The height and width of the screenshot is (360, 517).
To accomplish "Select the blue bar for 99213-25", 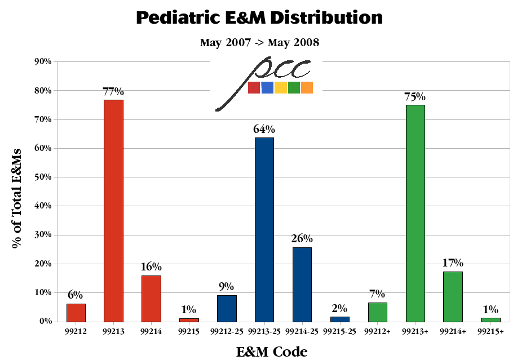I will pos(264,229).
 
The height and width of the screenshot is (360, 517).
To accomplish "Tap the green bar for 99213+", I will pos(415,213).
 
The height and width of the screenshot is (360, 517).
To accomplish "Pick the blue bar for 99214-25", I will pos(302,284).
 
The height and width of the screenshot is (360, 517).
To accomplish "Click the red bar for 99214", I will pos(151,298).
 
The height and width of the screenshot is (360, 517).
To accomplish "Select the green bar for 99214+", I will pos(453,296).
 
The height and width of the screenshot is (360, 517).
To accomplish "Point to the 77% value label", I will pos(113,92).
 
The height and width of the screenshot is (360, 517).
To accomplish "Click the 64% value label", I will pos(264,130).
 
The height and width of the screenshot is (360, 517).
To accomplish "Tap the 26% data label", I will pos(302,239).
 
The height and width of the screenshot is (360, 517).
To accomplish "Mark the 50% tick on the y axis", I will pos(43,177).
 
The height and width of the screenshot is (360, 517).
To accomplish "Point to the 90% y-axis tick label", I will pos(43,61).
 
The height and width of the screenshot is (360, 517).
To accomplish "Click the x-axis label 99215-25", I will pos(339,332).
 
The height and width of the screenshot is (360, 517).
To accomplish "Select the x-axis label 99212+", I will pos(377,332).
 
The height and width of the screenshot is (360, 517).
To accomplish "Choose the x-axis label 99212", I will pos(76,332).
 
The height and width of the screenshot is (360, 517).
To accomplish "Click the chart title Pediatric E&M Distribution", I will pos(259,18).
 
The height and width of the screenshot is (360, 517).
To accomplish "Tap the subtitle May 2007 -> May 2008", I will pos(259,43).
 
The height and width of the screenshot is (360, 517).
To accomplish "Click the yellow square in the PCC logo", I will pos(280,87).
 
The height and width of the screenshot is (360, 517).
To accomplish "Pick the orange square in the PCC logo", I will pos(307,87).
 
